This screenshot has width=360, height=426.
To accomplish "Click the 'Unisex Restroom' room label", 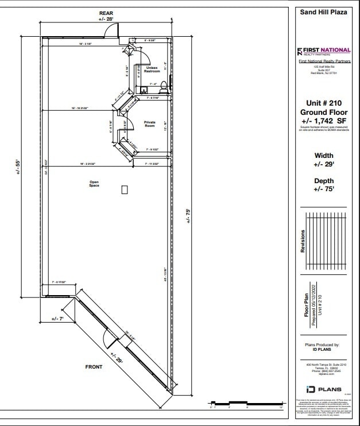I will [152, 69].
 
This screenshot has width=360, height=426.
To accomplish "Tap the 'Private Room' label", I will [150, 123].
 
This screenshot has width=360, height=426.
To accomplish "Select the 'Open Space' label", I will [94, 184].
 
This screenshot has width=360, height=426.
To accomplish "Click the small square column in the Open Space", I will [125, 189].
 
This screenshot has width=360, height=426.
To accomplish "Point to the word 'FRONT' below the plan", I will [94, 367].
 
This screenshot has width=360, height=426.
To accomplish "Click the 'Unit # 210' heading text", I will [323, 103].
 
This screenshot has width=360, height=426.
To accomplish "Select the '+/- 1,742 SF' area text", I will [323, 121].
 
